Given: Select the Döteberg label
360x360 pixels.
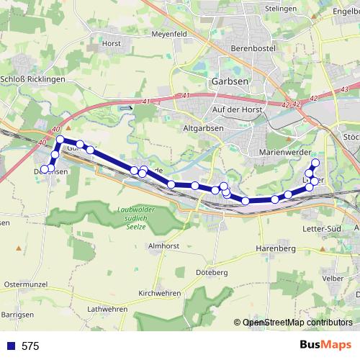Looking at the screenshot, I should (210, 273).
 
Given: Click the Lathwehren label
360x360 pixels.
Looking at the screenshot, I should (107, 309).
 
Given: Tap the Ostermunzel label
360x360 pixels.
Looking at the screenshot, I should (25, 284).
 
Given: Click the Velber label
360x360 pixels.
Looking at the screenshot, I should (333, 277).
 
